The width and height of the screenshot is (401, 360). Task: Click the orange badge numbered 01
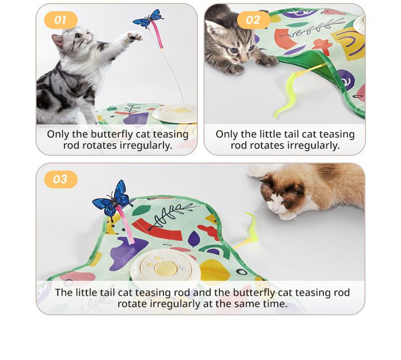tap(60, 20)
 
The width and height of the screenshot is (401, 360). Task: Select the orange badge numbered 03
tap(60, 179)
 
